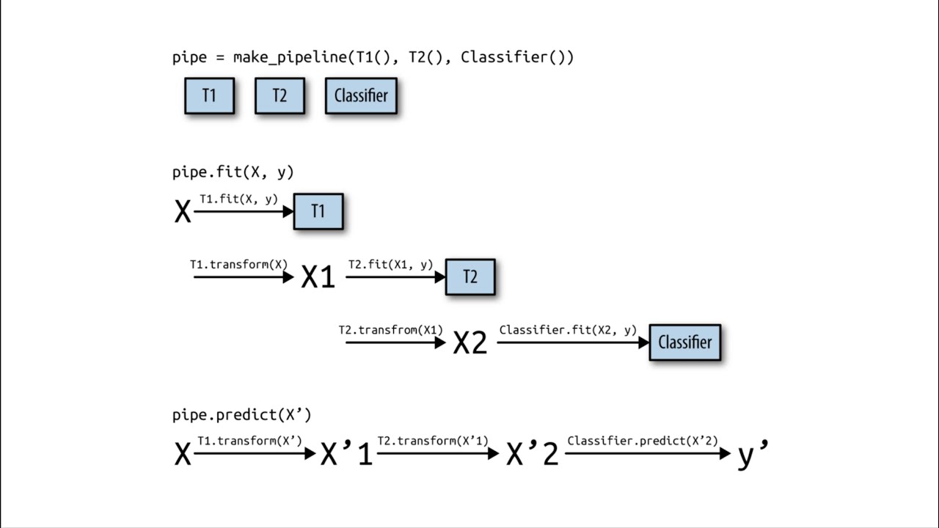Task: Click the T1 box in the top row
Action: point(209,96)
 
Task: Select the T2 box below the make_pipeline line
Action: point(279,96)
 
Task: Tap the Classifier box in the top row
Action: point(361,96)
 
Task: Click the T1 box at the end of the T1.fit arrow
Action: point(318,211)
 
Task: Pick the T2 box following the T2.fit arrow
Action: point(470,276)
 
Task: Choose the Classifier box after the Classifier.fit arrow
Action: point(684,342)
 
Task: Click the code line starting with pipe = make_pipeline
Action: point(373,57)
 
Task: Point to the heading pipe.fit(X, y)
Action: point(233,172)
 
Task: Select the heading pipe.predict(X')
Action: point(241,415)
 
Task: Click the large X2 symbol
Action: point(470,342)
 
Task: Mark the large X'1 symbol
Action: point(346,455)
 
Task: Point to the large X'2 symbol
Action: point(533,455)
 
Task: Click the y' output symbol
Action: point(752,455)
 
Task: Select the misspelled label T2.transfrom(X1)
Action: point(390,330)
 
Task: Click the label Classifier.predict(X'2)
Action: point(643,441)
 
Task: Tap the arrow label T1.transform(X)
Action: point(238,265)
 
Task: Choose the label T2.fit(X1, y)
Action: point(390,265)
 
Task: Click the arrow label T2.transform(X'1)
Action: point(433,441)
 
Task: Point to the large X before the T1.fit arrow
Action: point(183,213)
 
